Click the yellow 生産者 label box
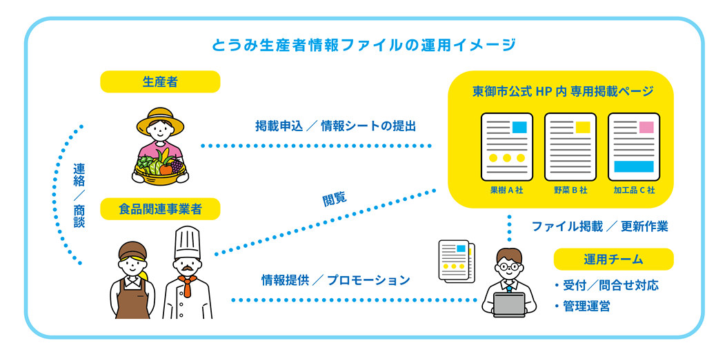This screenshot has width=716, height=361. tap(160, 82)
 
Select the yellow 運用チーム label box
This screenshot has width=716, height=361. tap(613, 260)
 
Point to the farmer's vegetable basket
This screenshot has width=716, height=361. tap(160, 168)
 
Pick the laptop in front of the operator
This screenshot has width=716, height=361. tap(509, 304)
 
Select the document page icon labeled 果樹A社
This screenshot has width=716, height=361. tap(507, 147)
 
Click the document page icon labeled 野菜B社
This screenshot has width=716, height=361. tap(570, 147)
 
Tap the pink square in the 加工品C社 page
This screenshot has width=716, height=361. tap(646, 127)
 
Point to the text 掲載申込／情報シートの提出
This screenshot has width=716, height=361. tap(336, 126)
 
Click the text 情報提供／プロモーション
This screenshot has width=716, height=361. tap(336, 280)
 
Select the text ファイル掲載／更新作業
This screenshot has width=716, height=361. tap(599, 226)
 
